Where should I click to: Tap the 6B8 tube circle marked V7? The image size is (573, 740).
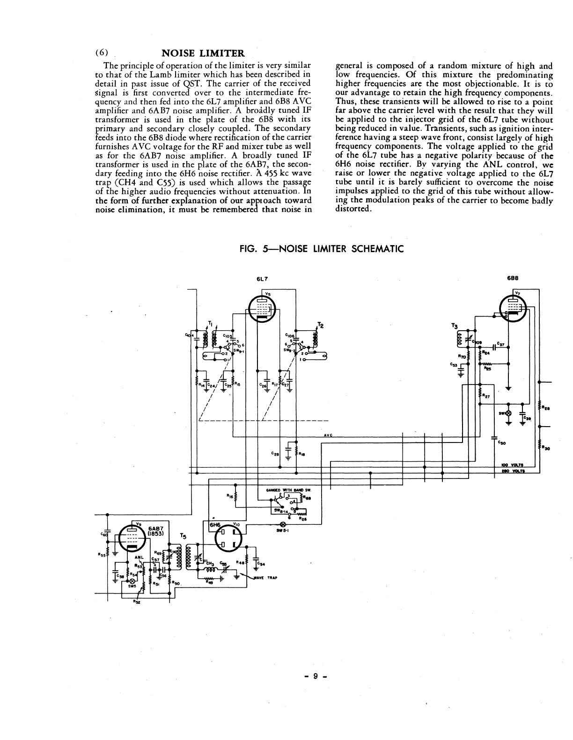514,309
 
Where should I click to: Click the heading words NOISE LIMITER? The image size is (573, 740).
203,53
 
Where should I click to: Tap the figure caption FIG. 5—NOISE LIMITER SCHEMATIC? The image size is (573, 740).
321,249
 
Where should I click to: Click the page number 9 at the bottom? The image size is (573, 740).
316,676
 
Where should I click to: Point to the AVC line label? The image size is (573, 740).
328,435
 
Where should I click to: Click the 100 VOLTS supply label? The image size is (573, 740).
511,465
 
